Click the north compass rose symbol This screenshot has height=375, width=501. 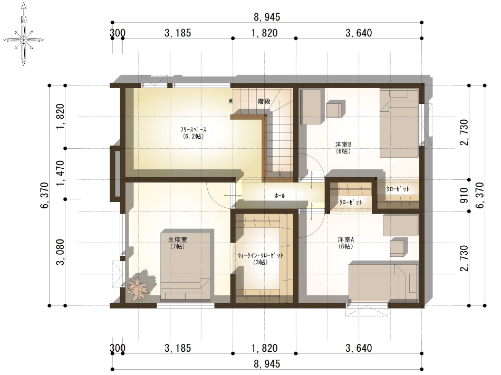[24, 38]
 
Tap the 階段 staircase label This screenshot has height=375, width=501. [264, 101]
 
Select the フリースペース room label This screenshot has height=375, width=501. [192, 132]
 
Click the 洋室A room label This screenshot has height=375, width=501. [346, 242]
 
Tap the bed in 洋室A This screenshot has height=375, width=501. [383, 283]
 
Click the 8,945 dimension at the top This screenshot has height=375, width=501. [267, 17]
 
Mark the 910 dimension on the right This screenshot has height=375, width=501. [464, 195]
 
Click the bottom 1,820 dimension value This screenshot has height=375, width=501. [264, 349]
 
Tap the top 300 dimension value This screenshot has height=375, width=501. [118, 33]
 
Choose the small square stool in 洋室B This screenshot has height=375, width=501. [334, 110]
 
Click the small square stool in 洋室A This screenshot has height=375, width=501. [399, 246]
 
